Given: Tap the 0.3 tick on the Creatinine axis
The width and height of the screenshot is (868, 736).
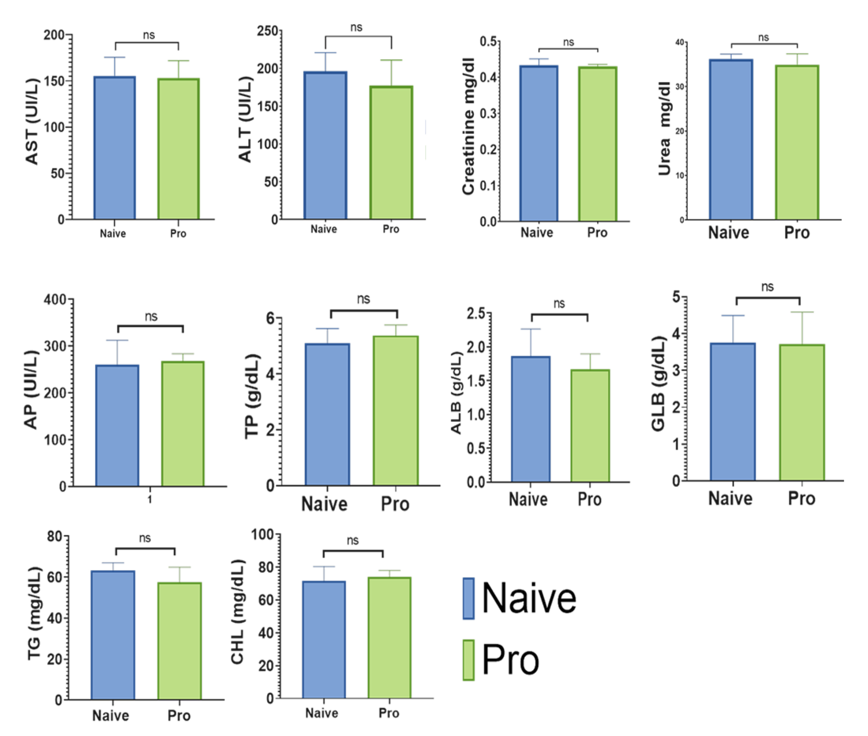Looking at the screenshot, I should click(x=488, y=114).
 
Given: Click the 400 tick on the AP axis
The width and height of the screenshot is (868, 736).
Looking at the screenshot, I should click(x=55, y=300).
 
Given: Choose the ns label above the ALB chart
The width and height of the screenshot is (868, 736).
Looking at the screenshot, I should click(x=559, y=304).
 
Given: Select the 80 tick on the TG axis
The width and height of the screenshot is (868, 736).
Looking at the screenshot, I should click(x=55, y=536).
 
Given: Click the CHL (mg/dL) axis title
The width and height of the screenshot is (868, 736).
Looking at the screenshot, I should click(x=237, y=612).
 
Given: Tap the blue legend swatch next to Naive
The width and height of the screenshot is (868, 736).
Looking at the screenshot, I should click(x=469, y=598).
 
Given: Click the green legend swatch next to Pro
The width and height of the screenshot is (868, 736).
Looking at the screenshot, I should click(x=469, y=660).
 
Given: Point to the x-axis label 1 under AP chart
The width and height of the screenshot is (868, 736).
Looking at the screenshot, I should click(x=150, y=499).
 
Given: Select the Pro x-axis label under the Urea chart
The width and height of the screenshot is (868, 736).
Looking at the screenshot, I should click(x=797, y=233).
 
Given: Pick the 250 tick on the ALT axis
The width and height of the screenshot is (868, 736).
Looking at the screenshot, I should click(x=267, y=31).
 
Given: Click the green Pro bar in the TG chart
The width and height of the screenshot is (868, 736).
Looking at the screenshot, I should click(x=179, y=641).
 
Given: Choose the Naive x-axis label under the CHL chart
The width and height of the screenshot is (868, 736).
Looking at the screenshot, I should click(x=322, y=713).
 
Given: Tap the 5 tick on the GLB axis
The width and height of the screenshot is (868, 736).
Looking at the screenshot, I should click(x=676, y=297).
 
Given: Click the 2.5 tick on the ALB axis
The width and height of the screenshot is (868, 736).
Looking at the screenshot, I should click(x=476, y=314).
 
